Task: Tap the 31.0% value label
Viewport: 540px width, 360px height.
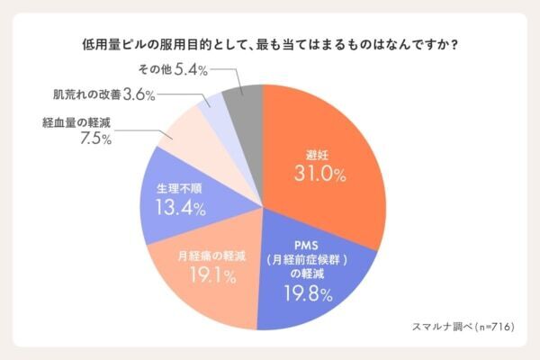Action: tap(319, 175)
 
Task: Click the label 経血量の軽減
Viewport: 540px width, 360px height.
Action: tap(76, 121)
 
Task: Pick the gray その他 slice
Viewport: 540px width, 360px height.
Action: tap(244, 105)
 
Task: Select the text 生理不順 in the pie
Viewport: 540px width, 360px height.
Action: tap(176, 190)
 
